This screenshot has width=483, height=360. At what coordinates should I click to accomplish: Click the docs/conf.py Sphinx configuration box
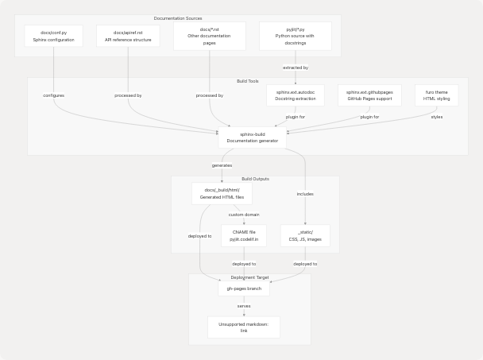point(53,36)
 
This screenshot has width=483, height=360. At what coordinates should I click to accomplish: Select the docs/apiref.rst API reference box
point(128,36)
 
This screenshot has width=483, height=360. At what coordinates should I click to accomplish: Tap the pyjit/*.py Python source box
point(295,36)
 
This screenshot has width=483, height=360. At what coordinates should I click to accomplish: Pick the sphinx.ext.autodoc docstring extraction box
point(296,95)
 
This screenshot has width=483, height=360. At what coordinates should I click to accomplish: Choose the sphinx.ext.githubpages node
point(369,95)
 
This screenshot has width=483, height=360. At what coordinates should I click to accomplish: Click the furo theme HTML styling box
point(436,95)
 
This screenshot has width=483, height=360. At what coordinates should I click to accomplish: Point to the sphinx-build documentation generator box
point(252,137)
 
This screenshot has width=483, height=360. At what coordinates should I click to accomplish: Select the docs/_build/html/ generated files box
point(222,194)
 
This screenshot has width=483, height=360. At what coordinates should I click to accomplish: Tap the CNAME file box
point(244,235)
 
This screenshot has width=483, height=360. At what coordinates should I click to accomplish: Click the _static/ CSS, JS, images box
point(305,235)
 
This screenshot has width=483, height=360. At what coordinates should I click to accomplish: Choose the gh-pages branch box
point(244,288)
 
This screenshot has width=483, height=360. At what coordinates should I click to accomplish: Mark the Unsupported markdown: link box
point(244,327)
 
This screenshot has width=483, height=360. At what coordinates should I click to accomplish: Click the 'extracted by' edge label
point(296,68)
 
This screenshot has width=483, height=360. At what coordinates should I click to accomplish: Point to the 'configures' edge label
point(53,95)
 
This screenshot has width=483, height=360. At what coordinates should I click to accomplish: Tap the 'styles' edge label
point(436,117)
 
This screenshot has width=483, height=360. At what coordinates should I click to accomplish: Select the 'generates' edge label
point(222,165)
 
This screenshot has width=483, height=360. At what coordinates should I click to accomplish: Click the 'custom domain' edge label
point(244,215)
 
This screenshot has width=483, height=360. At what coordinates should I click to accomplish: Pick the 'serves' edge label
point(244,306)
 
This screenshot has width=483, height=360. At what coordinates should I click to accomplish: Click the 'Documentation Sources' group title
point(178,18)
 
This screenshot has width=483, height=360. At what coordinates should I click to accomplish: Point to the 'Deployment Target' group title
point(249,277)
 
